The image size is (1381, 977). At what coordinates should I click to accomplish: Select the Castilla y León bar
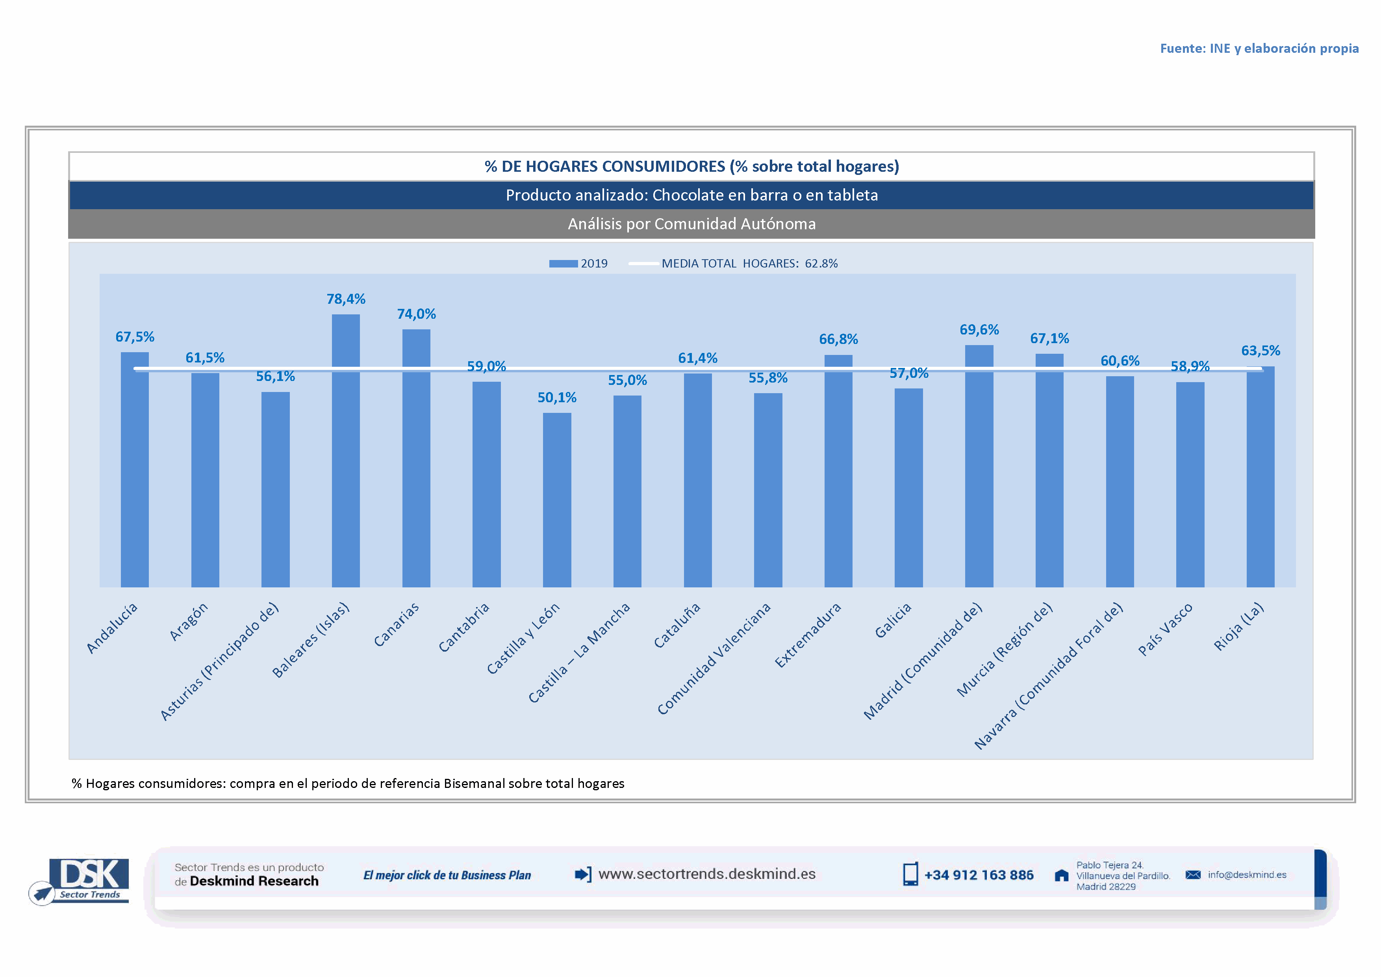[557, 499]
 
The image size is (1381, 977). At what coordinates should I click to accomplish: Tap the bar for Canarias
[416, 457]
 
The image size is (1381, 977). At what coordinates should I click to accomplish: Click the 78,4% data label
[346, 299]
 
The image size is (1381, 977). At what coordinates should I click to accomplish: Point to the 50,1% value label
[557, 397]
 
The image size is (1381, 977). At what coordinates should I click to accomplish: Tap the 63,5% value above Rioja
[1261, 351]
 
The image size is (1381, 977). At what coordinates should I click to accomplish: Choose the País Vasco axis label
[1165, 629]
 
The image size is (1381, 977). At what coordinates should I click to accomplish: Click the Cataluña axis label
[677, 626]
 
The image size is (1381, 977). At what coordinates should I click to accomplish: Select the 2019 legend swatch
[563, 264]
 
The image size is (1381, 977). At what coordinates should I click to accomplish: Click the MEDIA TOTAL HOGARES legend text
[749, 264]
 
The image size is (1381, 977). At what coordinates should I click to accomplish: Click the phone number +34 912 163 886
[979, 875]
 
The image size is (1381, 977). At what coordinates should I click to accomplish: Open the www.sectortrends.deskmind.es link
[707, 874]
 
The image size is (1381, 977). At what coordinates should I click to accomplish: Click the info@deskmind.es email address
[1247, 875]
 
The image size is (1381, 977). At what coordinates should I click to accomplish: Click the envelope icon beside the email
[1193, 875]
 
